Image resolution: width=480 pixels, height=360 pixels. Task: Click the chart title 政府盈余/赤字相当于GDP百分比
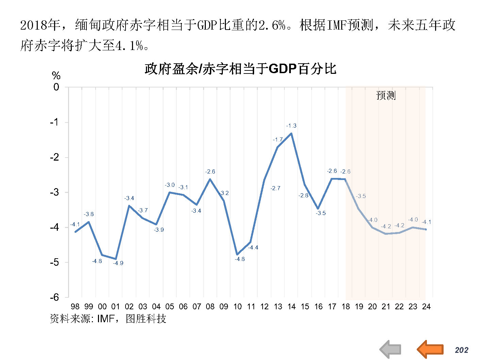tap(240, 69)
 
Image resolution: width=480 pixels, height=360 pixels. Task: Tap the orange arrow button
tap(430, 349)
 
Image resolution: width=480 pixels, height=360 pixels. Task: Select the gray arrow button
tap(391, 349)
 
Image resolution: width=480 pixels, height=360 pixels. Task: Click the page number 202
tap(461, 350)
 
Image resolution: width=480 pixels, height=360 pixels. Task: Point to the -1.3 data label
tap(291, 126)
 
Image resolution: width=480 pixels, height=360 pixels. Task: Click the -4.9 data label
tap(118, 263)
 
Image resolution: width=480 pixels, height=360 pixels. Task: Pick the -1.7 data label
tap(278, 140)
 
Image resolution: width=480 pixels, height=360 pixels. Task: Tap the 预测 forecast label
tap(386, 95)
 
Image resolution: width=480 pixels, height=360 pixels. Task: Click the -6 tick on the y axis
tap(55, 297)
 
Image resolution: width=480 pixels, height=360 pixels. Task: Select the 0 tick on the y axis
tap(56, 87)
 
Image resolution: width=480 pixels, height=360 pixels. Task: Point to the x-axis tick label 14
tap(292, 307)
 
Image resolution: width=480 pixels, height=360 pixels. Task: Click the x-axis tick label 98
tap(75, 307)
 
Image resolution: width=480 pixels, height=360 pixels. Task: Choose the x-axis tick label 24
tap(426, 307)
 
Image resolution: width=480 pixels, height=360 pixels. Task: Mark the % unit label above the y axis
tap(56, 76)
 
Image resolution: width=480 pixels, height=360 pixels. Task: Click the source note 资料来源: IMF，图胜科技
tap(108, 318)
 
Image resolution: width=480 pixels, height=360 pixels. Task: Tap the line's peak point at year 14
tap(292, 133)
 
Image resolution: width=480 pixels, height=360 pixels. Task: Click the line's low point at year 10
tap(237, 255)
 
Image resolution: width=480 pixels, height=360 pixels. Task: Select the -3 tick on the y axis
tap(55, 192)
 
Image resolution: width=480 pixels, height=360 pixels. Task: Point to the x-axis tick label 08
tap(210, 307)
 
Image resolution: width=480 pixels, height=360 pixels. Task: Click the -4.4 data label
tap(253, 247)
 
